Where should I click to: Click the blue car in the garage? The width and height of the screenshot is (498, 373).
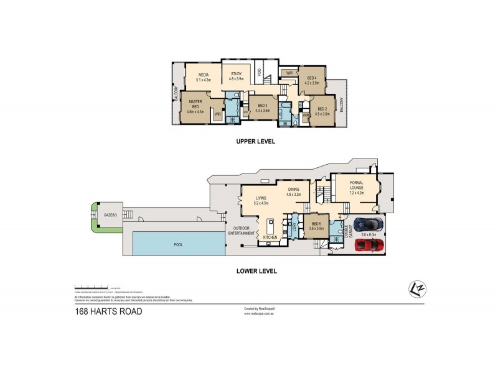[x=369, y=224]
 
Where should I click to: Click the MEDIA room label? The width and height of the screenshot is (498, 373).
[x=203, y=77]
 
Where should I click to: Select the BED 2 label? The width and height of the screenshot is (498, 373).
[x=322, y=111]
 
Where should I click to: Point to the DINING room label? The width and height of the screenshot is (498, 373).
[x=293, y=192]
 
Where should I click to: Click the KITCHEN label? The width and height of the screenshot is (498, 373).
[x=270, y=237]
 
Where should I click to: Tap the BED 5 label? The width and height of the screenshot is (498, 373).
[x=316, y=226]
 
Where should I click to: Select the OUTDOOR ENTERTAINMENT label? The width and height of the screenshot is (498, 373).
[x=242, y=230]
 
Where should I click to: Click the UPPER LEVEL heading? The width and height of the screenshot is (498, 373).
[x=255, y=141]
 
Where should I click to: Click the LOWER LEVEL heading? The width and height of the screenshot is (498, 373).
[x=256, y=271]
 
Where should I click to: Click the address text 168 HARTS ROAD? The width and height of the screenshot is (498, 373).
[x=108, y=311]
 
